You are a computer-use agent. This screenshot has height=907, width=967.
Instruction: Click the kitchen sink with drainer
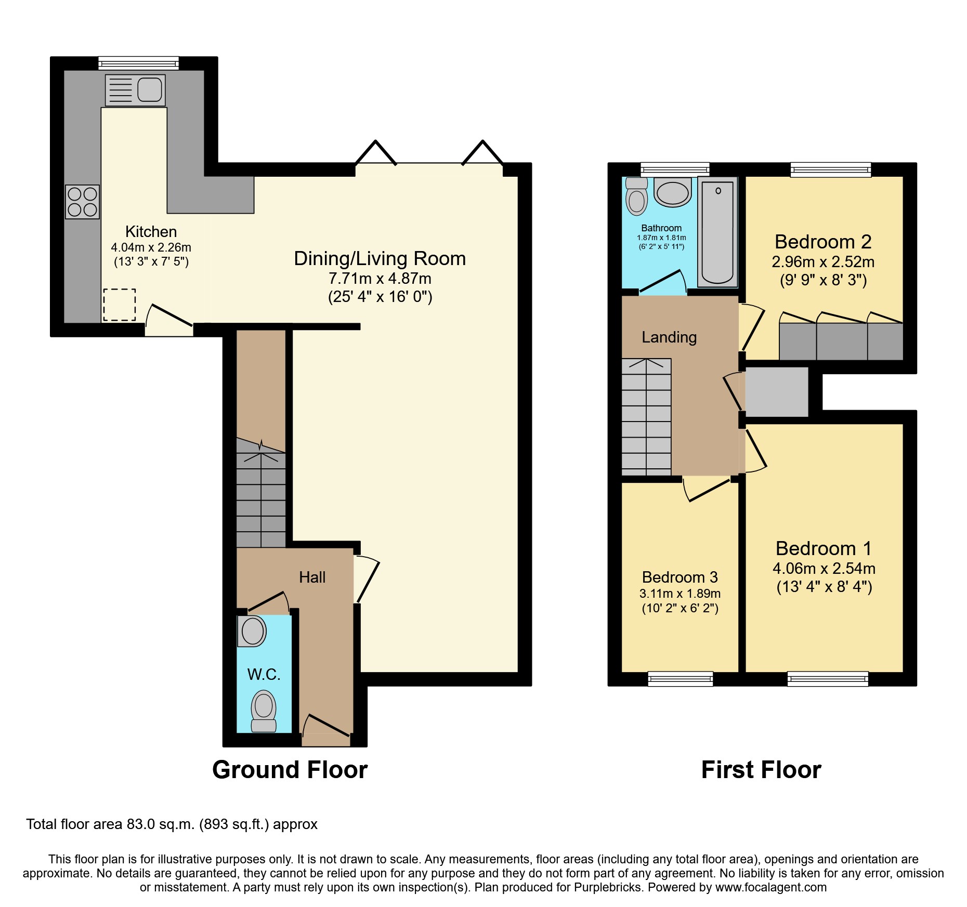[135, 90]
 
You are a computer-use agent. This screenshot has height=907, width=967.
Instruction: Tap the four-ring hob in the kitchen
[82, 202]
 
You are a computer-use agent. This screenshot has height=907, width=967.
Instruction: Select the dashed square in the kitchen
[119, 305]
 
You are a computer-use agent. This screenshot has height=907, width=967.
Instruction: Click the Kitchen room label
[151, 232]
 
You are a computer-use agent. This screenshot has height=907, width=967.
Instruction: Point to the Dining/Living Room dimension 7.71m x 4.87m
[380, 279]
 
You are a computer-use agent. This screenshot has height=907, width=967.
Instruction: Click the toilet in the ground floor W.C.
[264, 711]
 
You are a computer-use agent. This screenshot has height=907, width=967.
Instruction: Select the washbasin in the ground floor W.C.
[252, 631]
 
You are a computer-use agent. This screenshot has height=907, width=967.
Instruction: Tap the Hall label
[312, 577]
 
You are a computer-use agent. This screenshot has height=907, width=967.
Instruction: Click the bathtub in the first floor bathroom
[717, 232]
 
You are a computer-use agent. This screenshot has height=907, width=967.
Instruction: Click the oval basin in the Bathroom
[673, 193]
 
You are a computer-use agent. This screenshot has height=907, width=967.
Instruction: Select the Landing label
[669, 337]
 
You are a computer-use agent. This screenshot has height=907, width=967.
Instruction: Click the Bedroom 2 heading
[822, 242]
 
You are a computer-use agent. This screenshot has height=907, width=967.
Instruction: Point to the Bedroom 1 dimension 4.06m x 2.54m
[824, 569]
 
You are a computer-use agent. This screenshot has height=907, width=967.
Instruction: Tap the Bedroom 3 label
[679, 577]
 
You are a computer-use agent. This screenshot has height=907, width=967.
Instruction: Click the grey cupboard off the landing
[777, 392]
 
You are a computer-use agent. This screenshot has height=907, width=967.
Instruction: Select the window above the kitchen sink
[138, 63]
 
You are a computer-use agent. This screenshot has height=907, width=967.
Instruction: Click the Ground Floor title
[290, 770]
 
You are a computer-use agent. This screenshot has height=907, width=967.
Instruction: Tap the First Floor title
[761, 770]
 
